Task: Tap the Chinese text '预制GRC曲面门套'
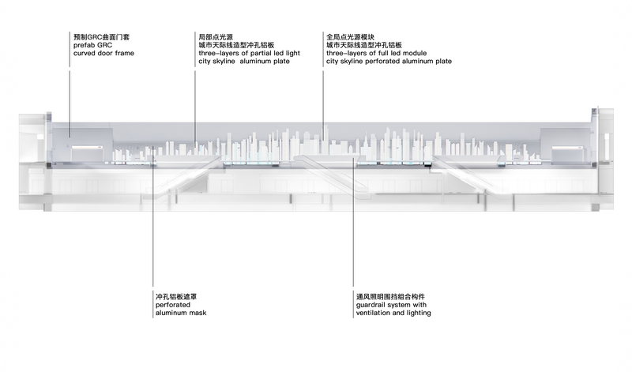[x=102, y=37]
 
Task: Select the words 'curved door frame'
[x=103, y=53]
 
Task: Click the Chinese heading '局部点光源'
[x=216, y=37]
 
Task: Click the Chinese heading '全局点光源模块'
[x=350, y=37]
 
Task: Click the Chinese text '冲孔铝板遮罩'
[x=176, y=297]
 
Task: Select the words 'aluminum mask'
[x=181, y=313]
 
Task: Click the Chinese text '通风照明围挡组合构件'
[x=390, y=297]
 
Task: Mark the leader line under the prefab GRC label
[x=70, y=104]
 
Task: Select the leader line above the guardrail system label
[x=353, y=222]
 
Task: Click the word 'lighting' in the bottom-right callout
[x=419, y=313]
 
